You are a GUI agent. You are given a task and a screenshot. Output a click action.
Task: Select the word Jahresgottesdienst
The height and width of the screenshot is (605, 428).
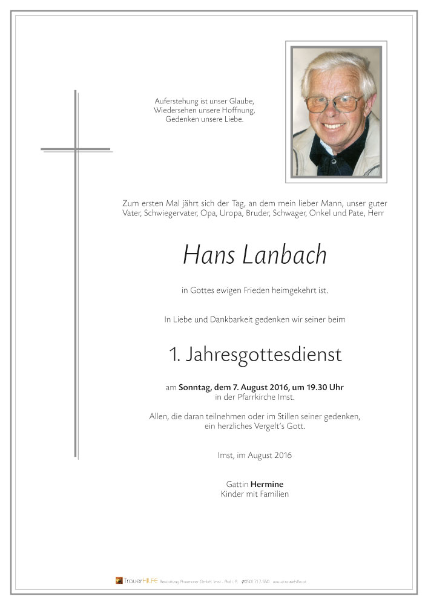tap(263, 355)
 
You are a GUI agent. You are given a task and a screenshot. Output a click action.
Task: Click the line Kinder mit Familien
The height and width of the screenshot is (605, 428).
tap(255, 494)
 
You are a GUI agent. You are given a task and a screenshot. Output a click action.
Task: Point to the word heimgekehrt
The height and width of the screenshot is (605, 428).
tap(294, 290)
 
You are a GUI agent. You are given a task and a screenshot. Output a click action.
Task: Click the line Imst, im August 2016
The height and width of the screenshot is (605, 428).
tap(255, 455)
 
